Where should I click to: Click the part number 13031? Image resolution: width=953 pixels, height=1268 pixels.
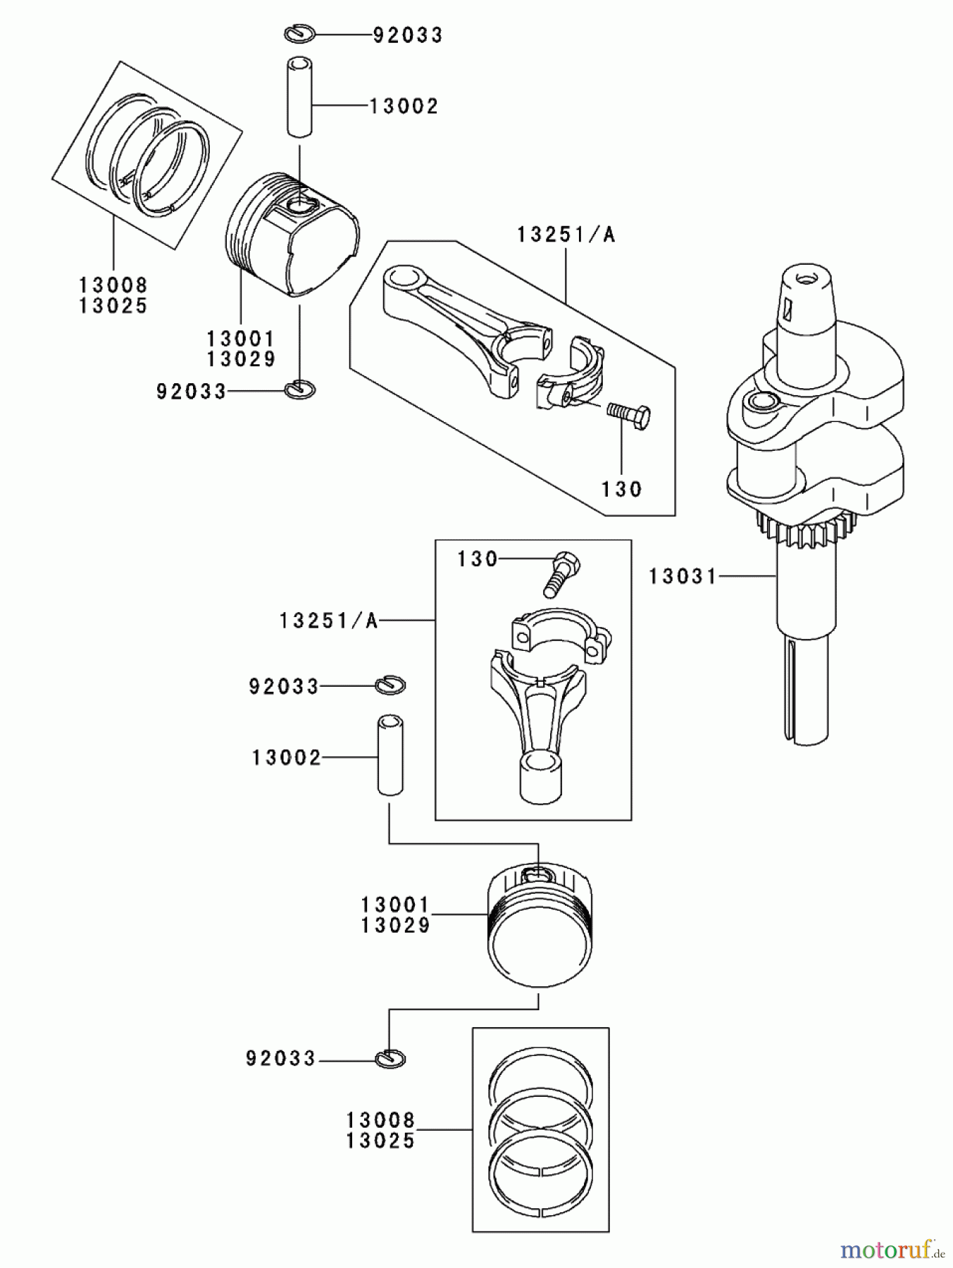682,577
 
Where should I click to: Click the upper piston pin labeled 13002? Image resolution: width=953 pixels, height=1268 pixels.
299,97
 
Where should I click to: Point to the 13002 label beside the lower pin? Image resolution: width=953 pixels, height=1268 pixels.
286,758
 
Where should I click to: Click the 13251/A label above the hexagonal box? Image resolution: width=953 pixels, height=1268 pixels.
566,235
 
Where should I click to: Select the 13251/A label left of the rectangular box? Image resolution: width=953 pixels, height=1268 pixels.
329,621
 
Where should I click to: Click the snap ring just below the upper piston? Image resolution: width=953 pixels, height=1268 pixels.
301,388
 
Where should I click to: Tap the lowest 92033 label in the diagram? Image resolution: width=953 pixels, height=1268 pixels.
281,1059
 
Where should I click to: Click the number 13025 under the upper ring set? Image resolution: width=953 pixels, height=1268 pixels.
113,306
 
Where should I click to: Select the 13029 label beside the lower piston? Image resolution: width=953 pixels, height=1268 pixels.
395,926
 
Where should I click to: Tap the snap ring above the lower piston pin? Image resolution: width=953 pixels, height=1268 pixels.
391,684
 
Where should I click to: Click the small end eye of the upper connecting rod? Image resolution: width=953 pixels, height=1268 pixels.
403,277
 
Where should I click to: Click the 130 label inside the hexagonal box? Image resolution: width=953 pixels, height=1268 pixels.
621,489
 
